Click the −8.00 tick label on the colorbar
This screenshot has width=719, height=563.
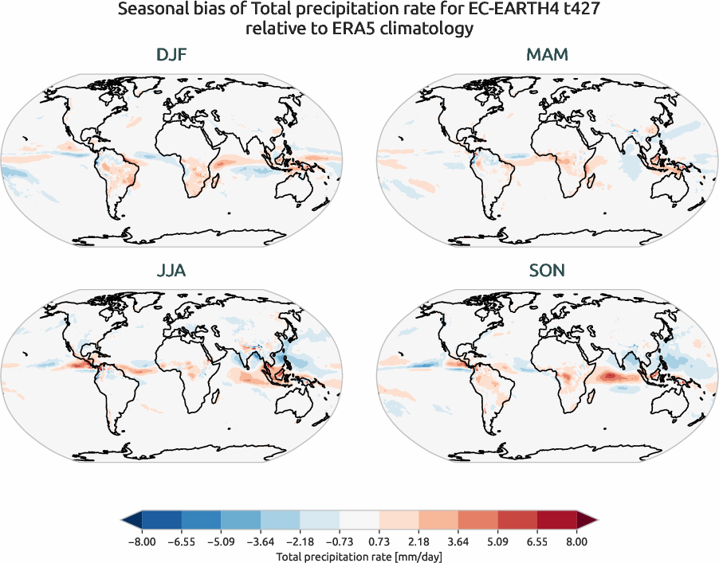pyautogui.click(x=142, y=541)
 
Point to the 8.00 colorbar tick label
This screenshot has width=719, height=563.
pyautogui.click(x=576, y=541)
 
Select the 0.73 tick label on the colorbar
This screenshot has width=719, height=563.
pyautogui.click(x=379, y=541)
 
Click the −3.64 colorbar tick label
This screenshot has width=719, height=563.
pyautogui.click(x=260, y=541)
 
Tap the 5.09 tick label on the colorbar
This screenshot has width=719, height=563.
pyautogui.click(x=497, y=541)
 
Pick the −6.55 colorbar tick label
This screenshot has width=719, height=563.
pyautogui.click(x=181, y=541)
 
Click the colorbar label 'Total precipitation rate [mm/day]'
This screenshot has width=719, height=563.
pyautogui.click(x=359, y=556)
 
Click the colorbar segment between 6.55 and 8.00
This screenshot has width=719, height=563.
pyautogui.click(x=556, y=522)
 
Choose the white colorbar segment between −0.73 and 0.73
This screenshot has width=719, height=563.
pyautogui.click(x=359, y=522)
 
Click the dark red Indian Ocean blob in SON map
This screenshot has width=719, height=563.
pyautogui.click(x=612, y=374)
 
